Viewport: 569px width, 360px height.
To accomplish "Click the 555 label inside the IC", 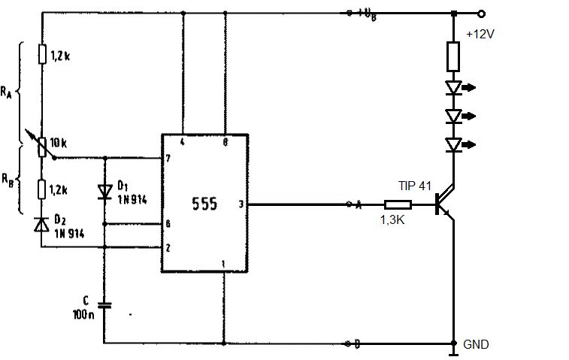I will click(x=204, y=203).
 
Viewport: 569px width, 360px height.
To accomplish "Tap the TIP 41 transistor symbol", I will click(x=445, y=204).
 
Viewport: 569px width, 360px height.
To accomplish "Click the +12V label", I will click(x=480, y=34).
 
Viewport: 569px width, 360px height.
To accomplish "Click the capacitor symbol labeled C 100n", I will click(x=104, y=305).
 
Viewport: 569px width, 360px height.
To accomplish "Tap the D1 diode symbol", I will click(x=104, y=191).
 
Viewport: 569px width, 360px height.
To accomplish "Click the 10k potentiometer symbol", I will click(x=42, y=143).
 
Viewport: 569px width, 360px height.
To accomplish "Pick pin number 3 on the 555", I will click(x=241, y=204).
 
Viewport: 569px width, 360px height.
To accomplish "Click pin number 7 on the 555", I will click(x=169, y=159).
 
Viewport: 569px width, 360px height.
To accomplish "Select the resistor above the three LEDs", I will click(x=453, y=56).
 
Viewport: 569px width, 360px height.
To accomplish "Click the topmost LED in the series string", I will click(x=453, y=88).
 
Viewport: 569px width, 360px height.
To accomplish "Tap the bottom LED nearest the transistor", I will click(x=453, y=144).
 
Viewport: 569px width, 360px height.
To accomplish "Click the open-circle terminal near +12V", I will click(x=481, y=13).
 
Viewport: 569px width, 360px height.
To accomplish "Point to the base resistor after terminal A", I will click(x=397, y=204).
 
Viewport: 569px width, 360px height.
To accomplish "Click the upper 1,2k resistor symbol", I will click(x=42, y=55).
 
